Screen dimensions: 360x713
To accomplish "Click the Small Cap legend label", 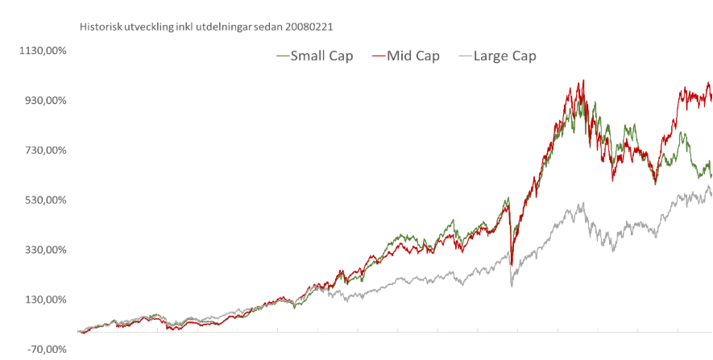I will [x=321, y=56].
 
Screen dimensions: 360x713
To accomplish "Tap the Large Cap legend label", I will [x=506, y=56].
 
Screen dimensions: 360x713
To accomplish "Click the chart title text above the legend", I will [x=206, y=25].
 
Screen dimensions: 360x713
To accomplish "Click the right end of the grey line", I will [x=711, y=182].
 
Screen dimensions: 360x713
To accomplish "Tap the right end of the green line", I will [x=711, y=161].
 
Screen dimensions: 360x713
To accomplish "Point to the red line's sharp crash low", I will [x=513, y=267].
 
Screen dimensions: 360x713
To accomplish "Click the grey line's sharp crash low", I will [x=512, y=286].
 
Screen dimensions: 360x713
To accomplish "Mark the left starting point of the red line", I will [x=80, y=331].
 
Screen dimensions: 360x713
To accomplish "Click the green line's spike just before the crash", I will [x=508, y=195].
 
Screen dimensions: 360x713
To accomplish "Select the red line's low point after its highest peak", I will [x=612, y=180].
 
